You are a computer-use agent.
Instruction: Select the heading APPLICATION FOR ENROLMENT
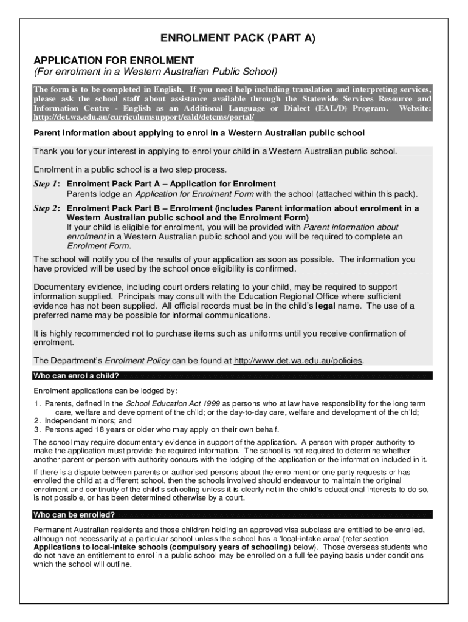coord(114,60)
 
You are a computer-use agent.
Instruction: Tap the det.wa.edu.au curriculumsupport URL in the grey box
coord(144,117)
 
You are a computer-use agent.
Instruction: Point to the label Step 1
coord(46,183)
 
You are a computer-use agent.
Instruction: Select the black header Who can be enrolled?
coord(74,514)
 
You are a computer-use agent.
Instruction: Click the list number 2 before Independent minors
coord(36,420)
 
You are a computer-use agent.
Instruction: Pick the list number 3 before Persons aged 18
coord(36,428)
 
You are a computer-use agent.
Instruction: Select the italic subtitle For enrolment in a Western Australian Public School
coord(155,72)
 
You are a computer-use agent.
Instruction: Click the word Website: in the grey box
coord(415,108)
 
